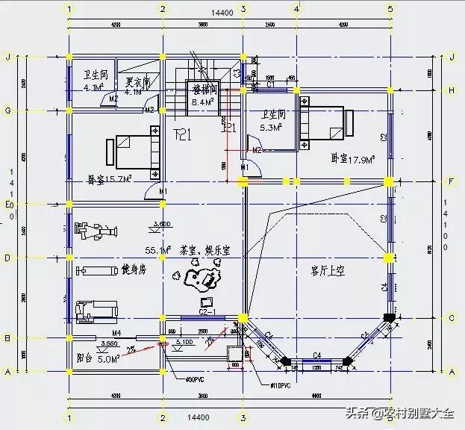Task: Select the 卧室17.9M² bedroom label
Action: (352, 158)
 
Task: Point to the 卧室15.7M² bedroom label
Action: (109, 179)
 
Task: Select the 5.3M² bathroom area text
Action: (269, 128)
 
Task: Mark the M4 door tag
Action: (116, 332)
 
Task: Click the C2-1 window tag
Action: (207, 310)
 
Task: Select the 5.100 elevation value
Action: (184, 343)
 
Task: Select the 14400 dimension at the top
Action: (222, 13)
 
